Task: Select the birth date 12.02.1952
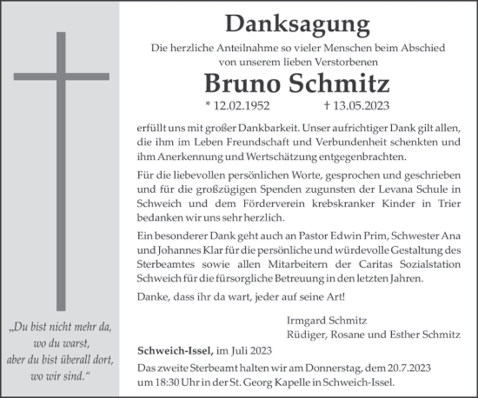pyautogui.click(x=239, y=107)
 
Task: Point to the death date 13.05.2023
pyautogui.click(x=346, y=107)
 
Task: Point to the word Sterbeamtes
pyautogui.click(x=165, y=264)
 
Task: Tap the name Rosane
pyautogui.click(x=357, y=335)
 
